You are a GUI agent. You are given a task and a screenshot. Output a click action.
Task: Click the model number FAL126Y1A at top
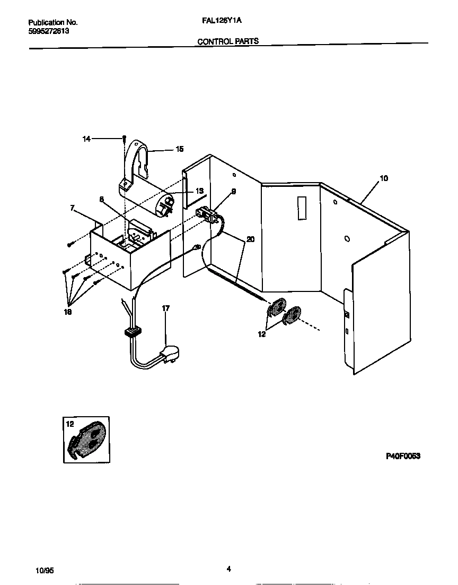(222, 22)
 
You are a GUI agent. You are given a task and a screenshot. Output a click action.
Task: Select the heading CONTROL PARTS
(228, 41)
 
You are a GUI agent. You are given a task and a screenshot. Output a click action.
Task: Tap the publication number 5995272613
(48, 31)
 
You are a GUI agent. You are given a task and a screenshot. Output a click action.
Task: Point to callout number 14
(86, 139)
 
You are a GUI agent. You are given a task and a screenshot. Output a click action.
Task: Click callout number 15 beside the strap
(180, 150)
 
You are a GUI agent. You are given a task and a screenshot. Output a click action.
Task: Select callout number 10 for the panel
(384, 178)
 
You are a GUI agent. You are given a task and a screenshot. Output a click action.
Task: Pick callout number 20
(250, 239)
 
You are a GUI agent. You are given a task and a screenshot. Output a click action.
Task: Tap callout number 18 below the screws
(67, 312)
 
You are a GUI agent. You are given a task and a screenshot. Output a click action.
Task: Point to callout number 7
(73, 209)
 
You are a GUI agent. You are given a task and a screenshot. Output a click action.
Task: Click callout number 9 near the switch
(233, 191)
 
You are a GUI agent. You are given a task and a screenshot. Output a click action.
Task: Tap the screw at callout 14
(124, 139)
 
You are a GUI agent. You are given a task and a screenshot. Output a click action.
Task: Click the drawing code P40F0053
(402, 456)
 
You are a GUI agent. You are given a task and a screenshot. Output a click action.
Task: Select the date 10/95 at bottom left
(45, 571)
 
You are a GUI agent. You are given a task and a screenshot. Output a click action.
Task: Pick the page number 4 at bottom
(228, 569)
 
